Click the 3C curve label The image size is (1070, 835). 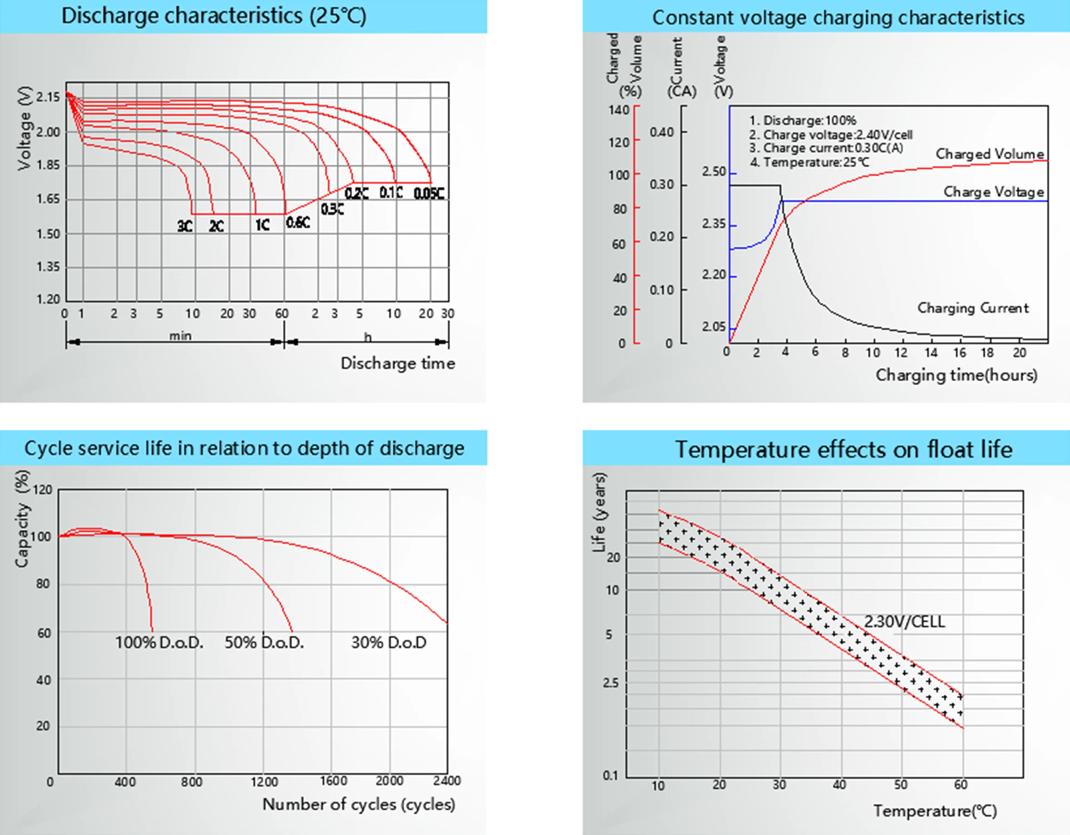(185, 226)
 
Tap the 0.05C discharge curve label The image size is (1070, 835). (429, 194)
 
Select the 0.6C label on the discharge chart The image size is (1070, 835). (298, 223)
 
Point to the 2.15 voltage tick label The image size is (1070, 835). (48, 97)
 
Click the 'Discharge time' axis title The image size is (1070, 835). (397, 363)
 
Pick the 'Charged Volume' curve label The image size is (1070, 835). (989, 154)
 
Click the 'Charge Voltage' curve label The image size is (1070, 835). (993, 192)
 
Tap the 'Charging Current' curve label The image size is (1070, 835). (972, 308)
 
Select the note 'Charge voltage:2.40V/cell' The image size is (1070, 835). (830, 135)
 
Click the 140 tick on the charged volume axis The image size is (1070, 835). (619, 110)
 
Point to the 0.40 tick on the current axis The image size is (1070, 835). (661, 132)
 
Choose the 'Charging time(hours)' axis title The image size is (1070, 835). (956, 375)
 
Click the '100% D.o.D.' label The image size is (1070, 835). (159, 642)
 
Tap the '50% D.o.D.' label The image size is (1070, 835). (264, 642)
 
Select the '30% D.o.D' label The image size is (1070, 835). (388, 642)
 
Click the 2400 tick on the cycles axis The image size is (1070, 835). (446, 780)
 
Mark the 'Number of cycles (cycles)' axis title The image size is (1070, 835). (359, 804)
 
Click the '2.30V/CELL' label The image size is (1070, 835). (904, 622)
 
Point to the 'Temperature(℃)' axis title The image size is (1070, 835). (934, 811)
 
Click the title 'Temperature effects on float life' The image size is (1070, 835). (843, 449)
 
